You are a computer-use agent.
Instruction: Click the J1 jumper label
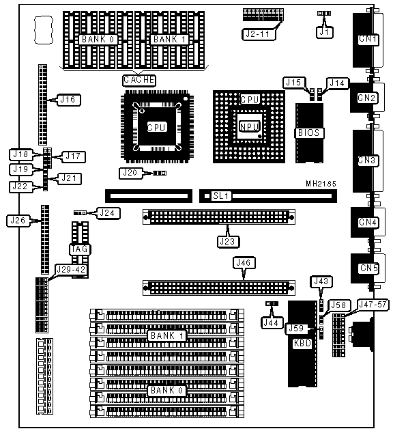[324, 32]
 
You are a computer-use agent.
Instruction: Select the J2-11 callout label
[258, 34]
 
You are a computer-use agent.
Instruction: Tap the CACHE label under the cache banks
[139, 80]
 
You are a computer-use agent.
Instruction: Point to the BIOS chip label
[309, 133]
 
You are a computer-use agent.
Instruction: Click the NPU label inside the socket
[249, 127]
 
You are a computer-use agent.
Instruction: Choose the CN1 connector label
[368, 40]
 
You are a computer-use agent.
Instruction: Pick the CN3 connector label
[368, 161]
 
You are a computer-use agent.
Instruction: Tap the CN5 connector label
[368, 268]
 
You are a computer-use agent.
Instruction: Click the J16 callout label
[68, 100]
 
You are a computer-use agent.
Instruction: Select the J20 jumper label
[130, 173]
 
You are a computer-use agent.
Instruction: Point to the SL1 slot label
[221, 196]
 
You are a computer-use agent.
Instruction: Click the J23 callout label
[228, 242]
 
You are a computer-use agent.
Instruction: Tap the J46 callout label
[244, 263]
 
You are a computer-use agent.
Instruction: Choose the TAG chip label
[80, 249]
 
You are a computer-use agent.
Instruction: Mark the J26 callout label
[18, 220]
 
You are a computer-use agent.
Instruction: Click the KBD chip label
[302, 344]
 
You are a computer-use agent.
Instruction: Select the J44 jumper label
[272, 322]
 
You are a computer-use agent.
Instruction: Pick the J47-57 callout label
[373, 305]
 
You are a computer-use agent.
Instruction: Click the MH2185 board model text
[321, 184]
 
